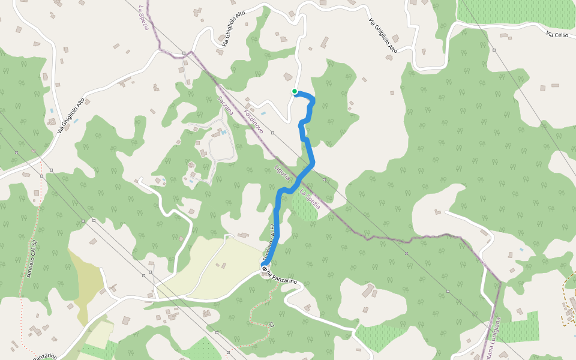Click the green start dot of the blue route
[x=295, y=91]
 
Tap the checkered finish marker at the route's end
[x=265, y=269]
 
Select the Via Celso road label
[x=557, y=35]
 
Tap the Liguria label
[x=283, y=173]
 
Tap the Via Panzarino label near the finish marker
[x=282, y=280]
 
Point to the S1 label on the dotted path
[x=272, y=325]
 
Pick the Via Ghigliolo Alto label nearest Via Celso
[x=383, y=34]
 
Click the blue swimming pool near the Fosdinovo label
[x=263, y=113]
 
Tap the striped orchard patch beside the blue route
[x=304, y=206]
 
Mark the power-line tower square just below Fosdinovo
[x=272, y=133]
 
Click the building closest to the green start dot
[x=289, y=77]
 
